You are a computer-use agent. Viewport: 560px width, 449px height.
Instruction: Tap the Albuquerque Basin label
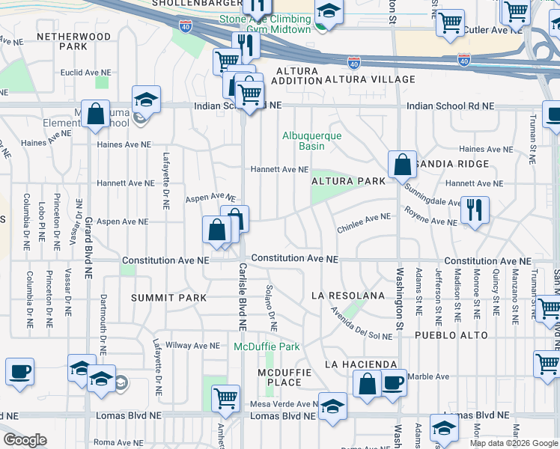pos(311,141)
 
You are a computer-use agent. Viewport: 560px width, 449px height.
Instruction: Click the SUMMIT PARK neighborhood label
pos(168,298)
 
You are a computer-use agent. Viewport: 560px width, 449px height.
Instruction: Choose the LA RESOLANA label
pos(348,296)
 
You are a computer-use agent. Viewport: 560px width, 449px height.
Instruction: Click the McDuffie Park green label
pos(267,346)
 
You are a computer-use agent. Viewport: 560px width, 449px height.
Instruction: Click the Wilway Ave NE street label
pos(193,346)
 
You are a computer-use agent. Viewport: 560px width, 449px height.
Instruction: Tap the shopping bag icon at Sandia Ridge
pos(402,164)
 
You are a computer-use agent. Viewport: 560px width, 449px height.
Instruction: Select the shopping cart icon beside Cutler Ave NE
pos(450,22)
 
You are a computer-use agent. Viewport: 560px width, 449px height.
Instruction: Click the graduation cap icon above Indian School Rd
pos(146,98)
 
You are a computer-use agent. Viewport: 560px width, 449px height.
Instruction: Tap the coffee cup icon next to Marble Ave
pos(392,383)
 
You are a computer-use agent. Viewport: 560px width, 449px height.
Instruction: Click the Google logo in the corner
pos(25,440)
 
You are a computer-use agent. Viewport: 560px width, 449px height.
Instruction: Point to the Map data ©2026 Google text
pos(513,443)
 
